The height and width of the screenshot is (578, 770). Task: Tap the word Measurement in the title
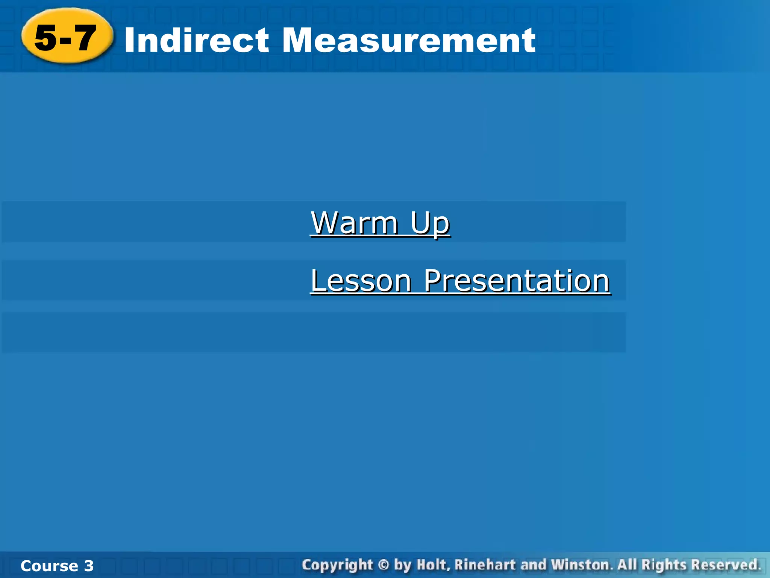(x=408, y=40)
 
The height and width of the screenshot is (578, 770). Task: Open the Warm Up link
(x=380, y=223)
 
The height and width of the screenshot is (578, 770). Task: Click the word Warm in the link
(x=355, y=223)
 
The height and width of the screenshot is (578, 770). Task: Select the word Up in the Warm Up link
(x=430, y=223)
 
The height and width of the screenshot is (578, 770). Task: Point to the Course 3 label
(x=57, y=566)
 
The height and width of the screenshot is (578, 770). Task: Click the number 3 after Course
(x=89, y=566)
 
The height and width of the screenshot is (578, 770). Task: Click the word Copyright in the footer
(x=337, y=565)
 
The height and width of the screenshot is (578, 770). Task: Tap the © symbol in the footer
(x=383, y=565)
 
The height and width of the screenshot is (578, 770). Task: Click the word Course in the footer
(x=49, y=566)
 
